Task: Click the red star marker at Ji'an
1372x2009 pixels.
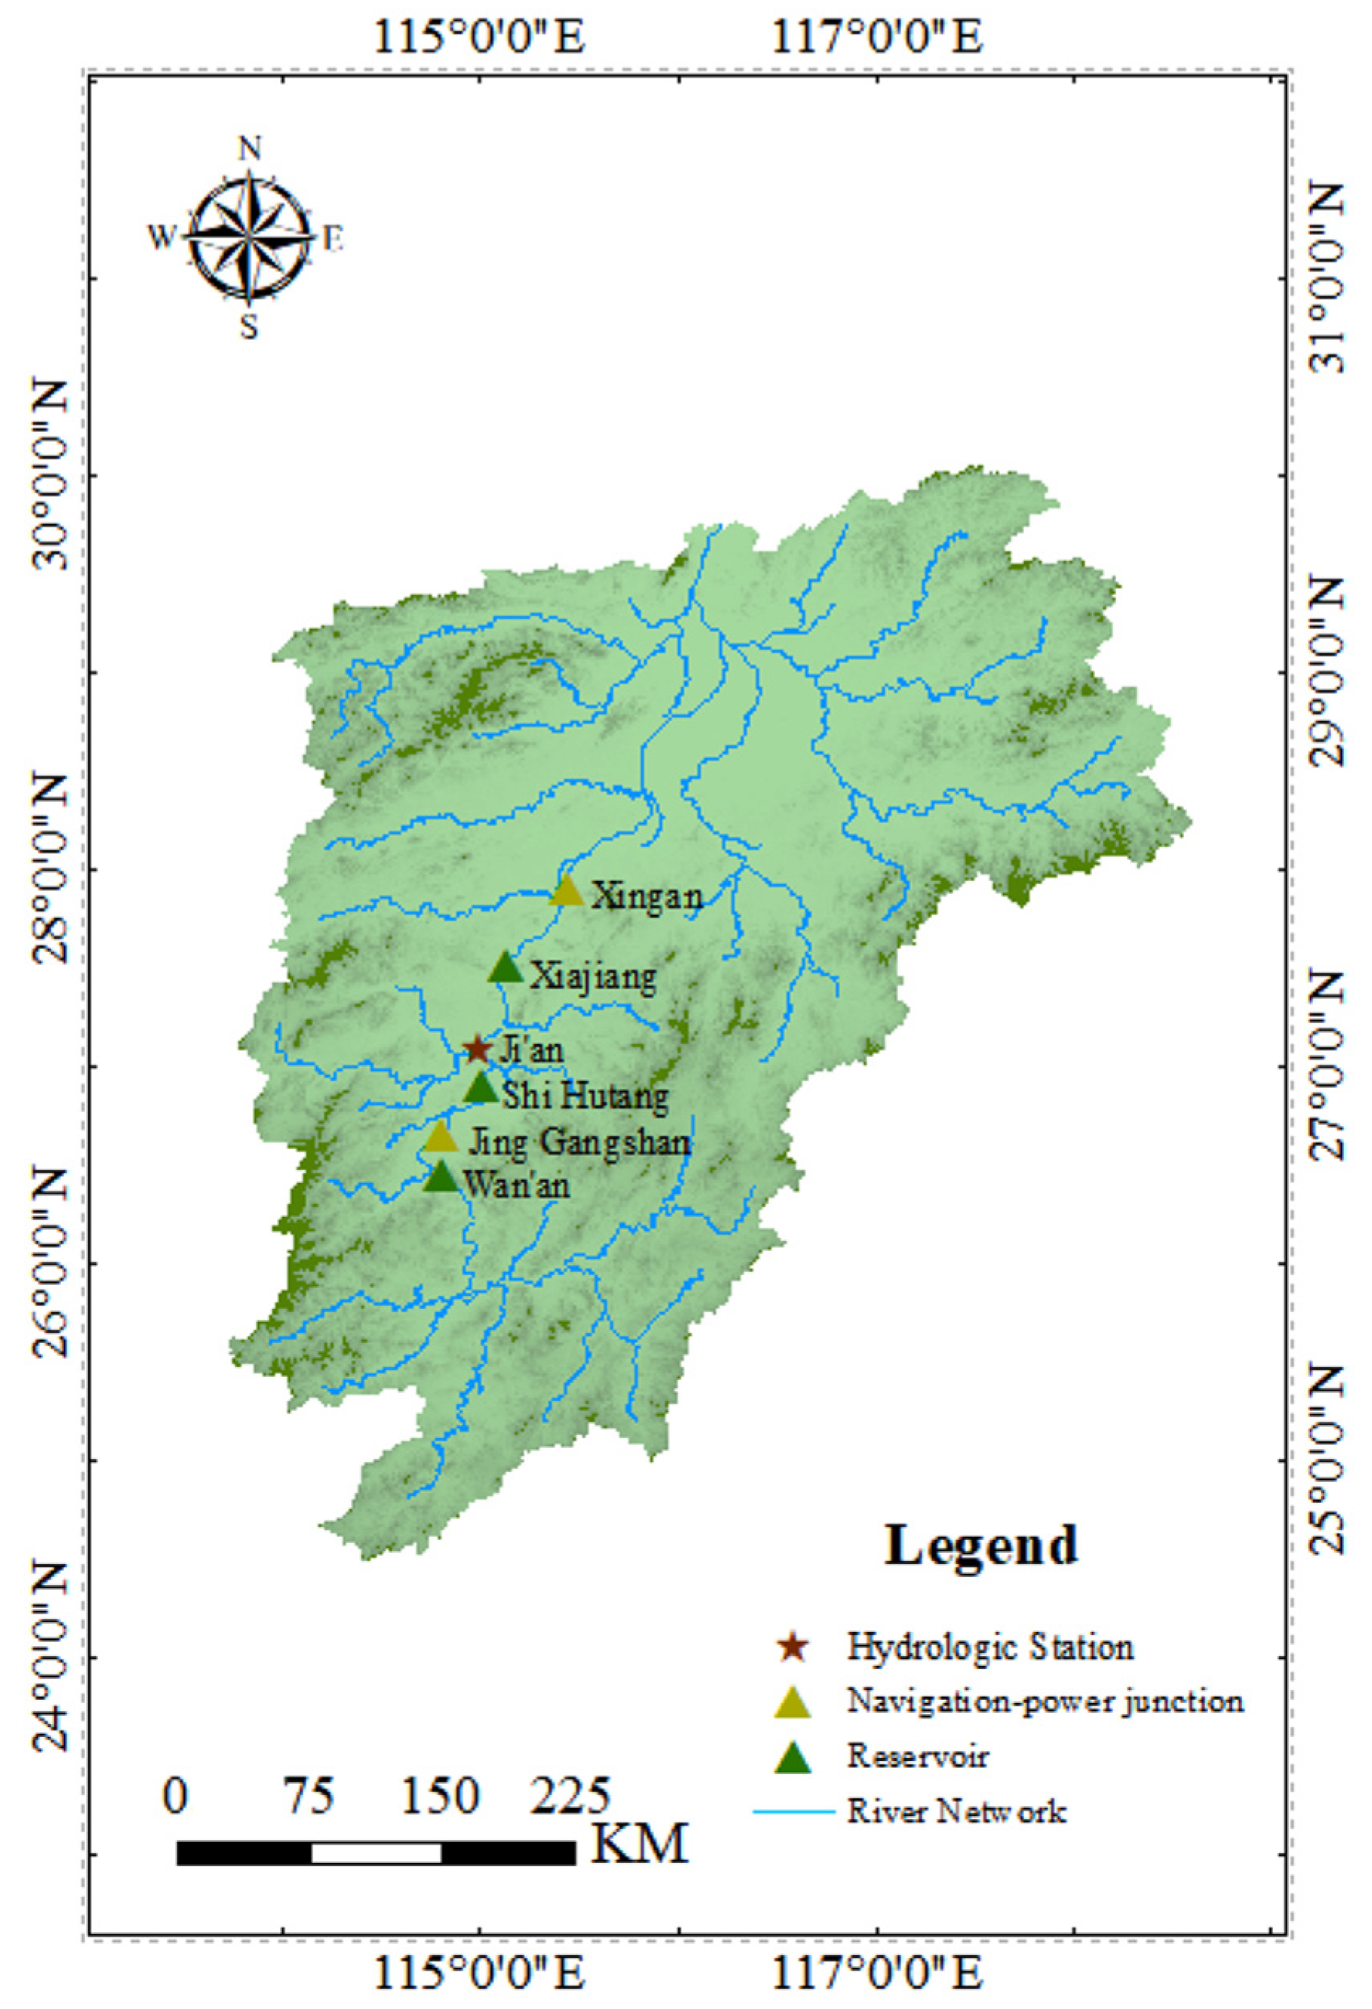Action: [477, 1050]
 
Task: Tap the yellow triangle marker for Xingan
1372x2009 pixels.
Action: [567, 891]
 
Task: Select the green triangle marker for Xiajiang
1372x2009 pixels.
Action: [506, 968]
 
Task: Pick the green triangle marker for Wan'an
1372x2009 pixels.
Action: [441, 1176]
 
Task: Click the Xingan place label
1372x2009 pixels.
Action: [647, 896]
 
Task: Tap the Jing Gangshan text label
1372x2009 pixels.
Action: [579, 1143]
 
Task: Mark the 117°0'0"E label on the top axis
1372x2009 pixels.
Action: [877, 39]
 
